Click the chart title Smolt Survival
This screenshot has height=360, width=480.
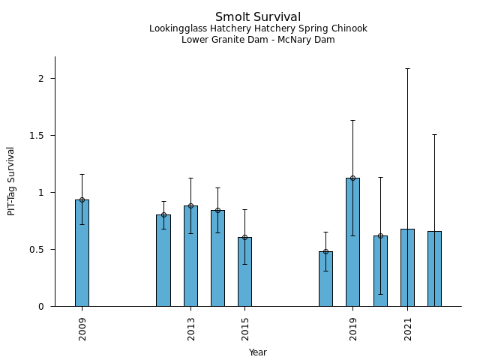[258, 17]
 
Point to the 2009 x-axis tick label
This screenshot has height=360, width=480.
[82, 328]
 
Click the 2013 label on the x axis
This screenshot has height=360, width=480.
[190, 328]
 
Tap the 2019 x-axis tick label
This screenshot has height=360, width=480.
[353, 328]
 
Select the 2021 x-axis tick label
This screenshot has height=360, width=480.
[408, 328]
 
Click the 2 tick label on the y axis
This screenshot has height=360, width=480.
[43, 79]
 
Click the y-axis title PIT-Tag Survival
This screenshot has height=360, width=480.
[11, 181]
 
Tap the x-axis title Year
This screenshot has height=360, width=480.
[258, 352]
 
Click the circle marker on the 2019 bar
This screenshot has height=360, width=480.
[352, 178]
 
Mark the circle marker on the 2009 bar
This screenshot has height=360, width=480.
[82, 199]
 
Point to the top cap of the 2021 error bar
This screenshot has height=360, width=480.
[407, 68]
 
